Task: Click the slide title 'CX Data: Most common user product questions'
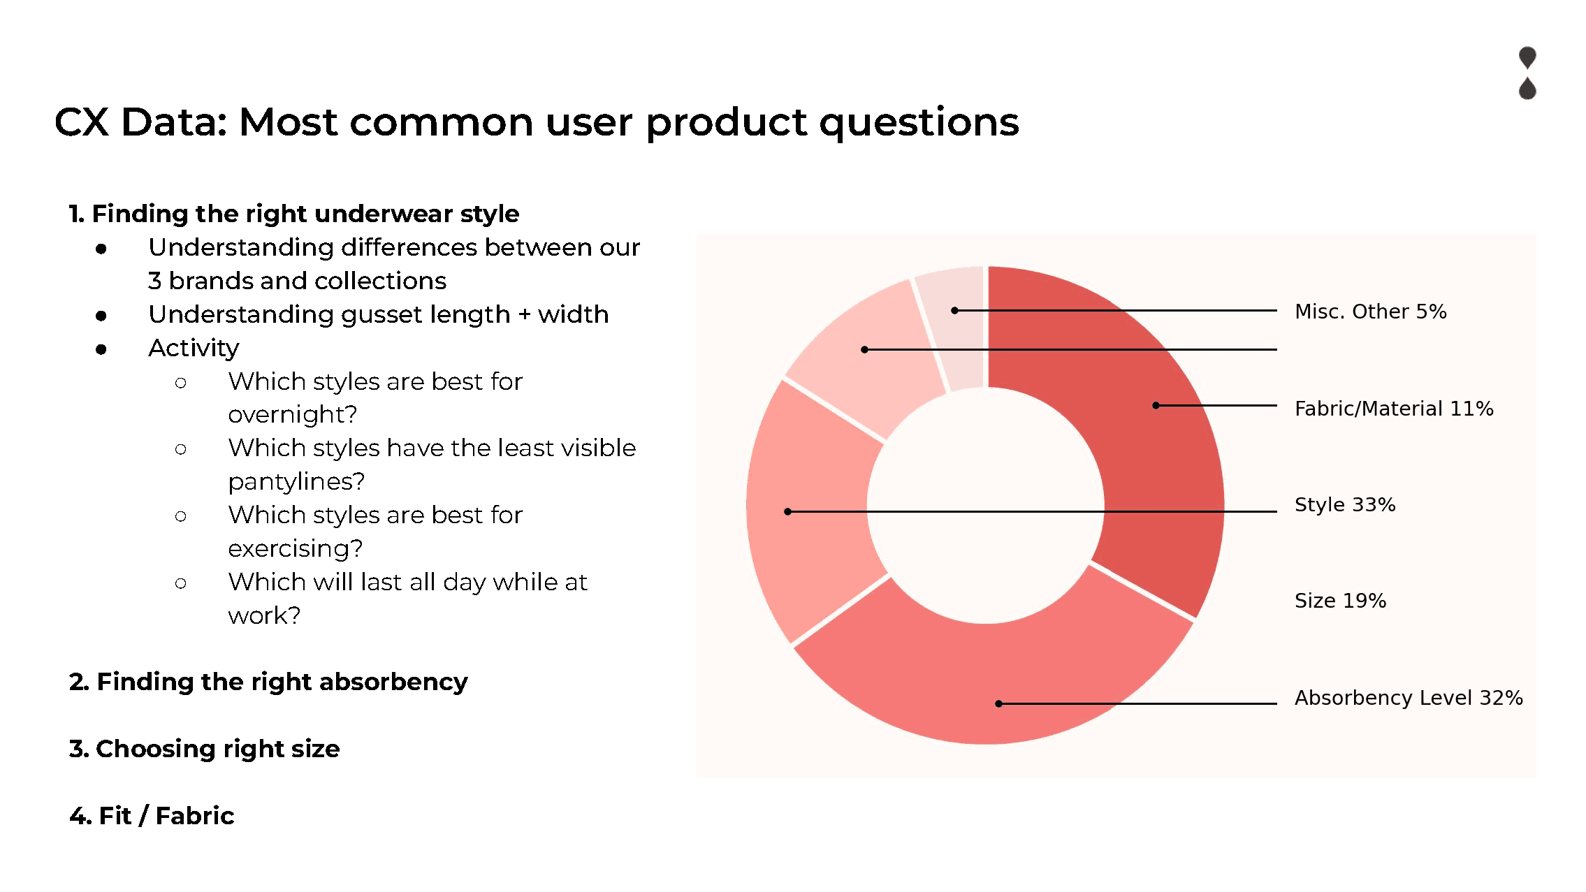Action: pos(537,122)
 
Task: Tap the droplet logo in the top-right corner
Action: pos(1527,73)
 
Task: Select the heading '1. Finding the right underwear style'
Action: pos(294,214)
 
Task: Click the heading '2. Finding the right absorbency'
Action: pos(268,682)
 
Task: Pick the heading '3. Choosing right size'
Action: pos(204,749)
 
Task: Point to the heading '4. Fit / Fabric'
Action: pos(152,816)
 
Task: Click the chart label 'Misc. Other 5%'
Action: pos(1370,312)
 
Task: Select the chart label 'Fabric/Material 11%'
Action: pos(1394,409)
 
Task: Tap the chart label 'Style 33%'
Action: pos(1345,504)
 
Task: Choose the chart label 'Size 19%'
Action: pos(1340,601)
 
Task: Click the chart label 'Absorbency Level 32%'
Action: pos(1409,698)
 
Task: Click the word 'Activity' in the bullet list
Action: pos(194,348)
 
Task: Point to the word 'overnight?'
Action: pos(292,415)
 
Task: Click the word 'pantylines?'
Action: pos(296,482)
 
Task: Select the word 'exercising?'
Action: pos(295,549)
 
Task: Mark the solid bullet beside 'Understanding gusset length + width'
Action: pos(101,316)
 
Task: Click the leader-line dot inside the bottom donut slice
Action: pos(999,703)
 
